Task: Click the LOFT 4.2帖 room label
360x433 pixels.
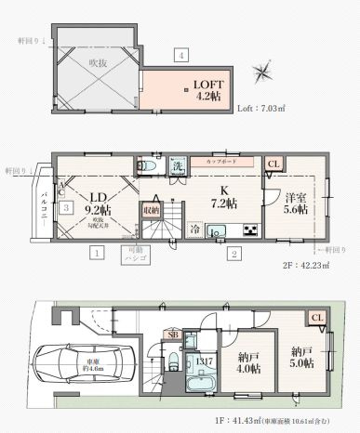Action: tap(207, 87)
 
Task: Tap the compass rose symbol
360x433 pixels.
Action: tap(266, 72)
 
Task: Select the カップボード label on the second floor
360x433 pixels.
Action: tap(220, 159)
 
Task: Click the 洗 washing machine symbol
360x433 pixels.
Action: tap(179, 167)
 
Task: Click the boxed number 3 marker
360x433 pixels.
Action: tap(67, 207)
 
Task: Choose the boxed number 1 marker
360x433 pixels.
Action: tap(96, 252)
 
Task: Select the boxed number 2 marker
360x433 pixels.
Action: tap(235, 252)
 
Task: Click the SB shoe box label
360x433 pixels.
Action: tap(172, 334)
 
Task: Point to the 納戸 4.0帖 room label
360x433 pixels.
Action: tap(249, 362)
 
